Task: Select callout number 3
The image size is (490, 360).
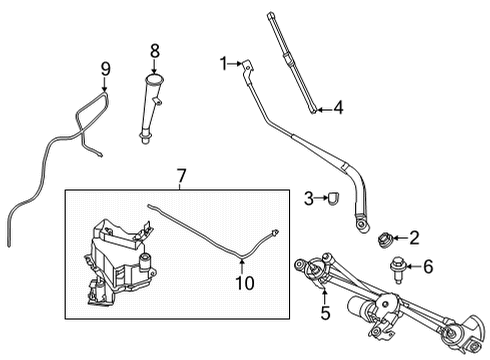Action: (310, 199)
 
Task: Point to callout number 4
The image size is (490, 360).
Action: (338, 107)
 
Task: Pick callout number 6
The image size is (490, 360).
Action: (429, 266)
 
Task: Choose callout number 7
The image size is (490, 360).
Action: (181, 176)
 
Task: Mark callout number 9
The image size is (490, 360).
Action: (104, 69)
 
